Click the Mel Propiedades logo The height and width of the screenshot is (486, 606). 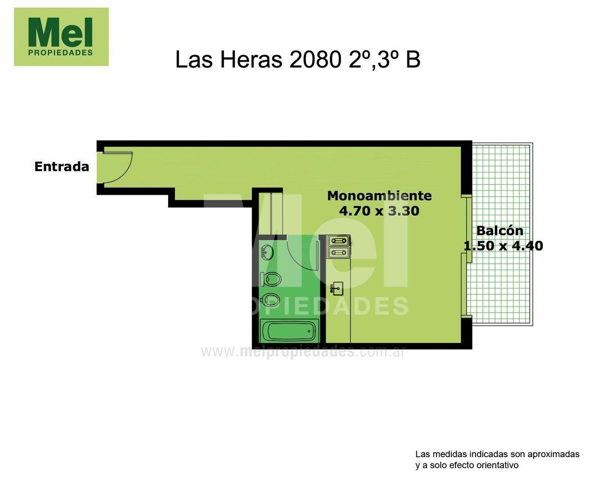click(x=61, y=37)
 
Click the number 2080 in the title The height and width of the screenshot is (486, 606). click(x=315, y=59)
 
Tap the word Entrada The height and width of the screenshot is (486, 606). click(x=62, y=166)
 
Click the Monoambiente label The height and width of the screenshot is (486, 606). click(x=379, y=196)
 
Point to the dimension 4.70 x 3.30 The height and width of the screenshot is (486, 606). click(x=379, y=211)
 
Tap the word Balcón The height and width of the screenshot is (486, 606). click(x=499, y=231)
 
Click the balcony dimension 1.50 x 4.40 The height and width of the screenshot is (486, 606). click(x=503, y=246)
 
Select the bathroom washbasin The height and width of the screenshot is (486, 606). click(x=267, y=252)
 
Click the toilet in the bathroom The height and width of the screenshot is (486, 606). click(x=271, y=279)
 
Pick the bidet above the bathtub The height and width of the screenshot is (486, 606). click(x=271, y=299)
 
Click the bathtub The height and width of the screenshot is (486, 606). click(x=290, y=331)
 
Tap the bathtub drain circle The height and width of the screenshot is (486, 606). click(x=309, y=332)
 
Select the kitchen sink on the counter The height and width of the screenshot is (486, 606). click(x=337, y=288)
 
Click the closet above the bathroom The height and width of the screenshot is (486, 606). click(x=270, y=213)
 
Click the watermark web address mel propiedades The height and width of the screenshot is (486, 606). click(x=303, y=351)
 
